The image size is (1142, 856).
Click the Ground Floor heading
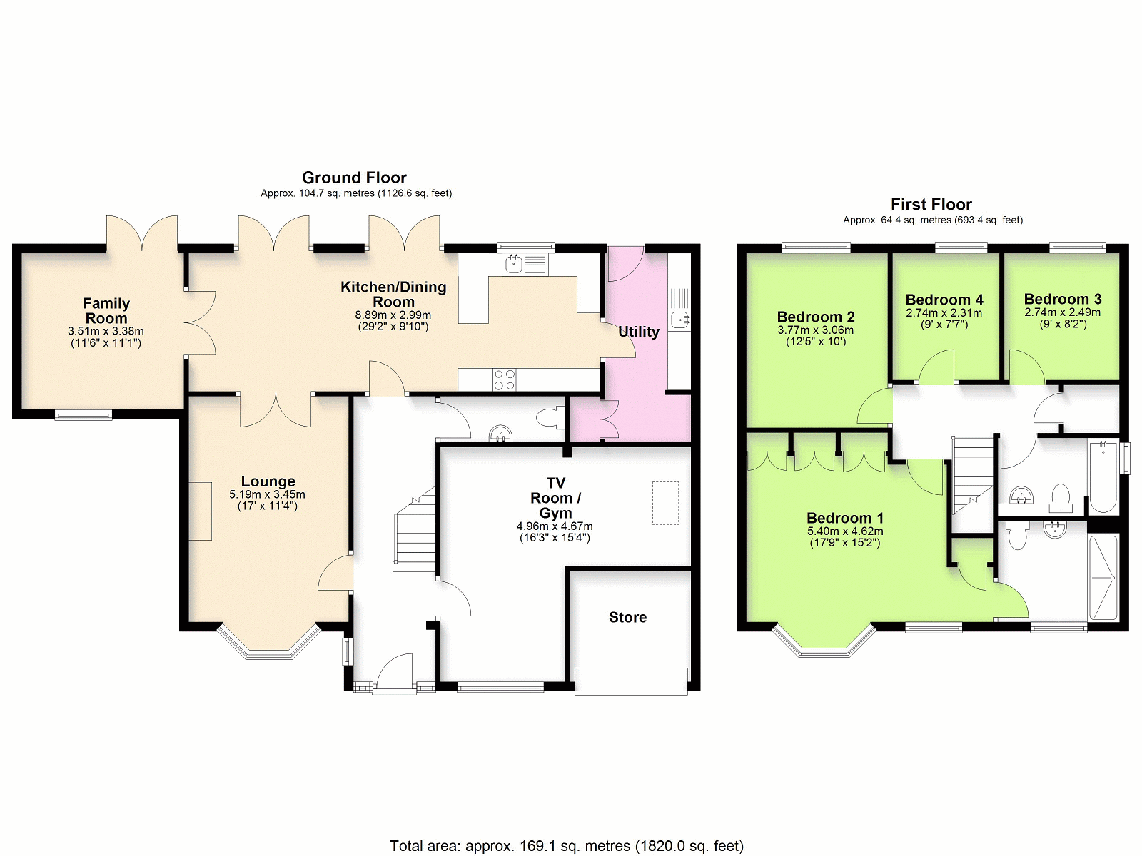pos(354,178)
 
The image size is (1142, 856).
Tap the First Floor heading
pos(931,204)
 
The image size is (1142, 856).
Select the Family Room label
pos(106,310)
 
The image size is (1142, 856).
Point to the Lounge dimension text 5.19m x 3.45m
pos(267,494)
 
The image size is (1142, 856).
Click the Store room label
pos(627,617)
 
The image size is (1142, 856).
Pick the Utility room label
pos(638,332)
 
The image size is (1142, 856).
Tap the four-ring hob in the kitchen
pos(505,379)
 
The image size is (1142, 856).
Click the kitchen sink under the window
pos(525,264)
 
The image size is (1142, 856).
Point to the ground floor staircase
pos(415,530)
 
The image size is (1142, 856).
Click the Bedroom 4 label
pos(944,300)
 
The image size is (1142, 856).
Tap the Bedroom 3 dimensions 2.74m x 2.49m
pos(1062,312)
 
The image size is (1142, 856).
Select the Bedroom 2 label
pos(816,317)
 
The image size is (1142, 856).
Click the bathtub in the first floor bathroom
pos(1103,477)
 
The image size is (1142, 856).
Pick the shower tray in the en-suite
pos(1103,577)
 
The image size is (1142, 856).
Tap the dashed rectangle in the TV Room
pos(665,503)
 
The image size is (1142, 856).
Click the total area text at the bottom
pos(567,845)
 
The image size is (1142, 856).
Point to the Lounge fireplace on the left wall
pos(200,511)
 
